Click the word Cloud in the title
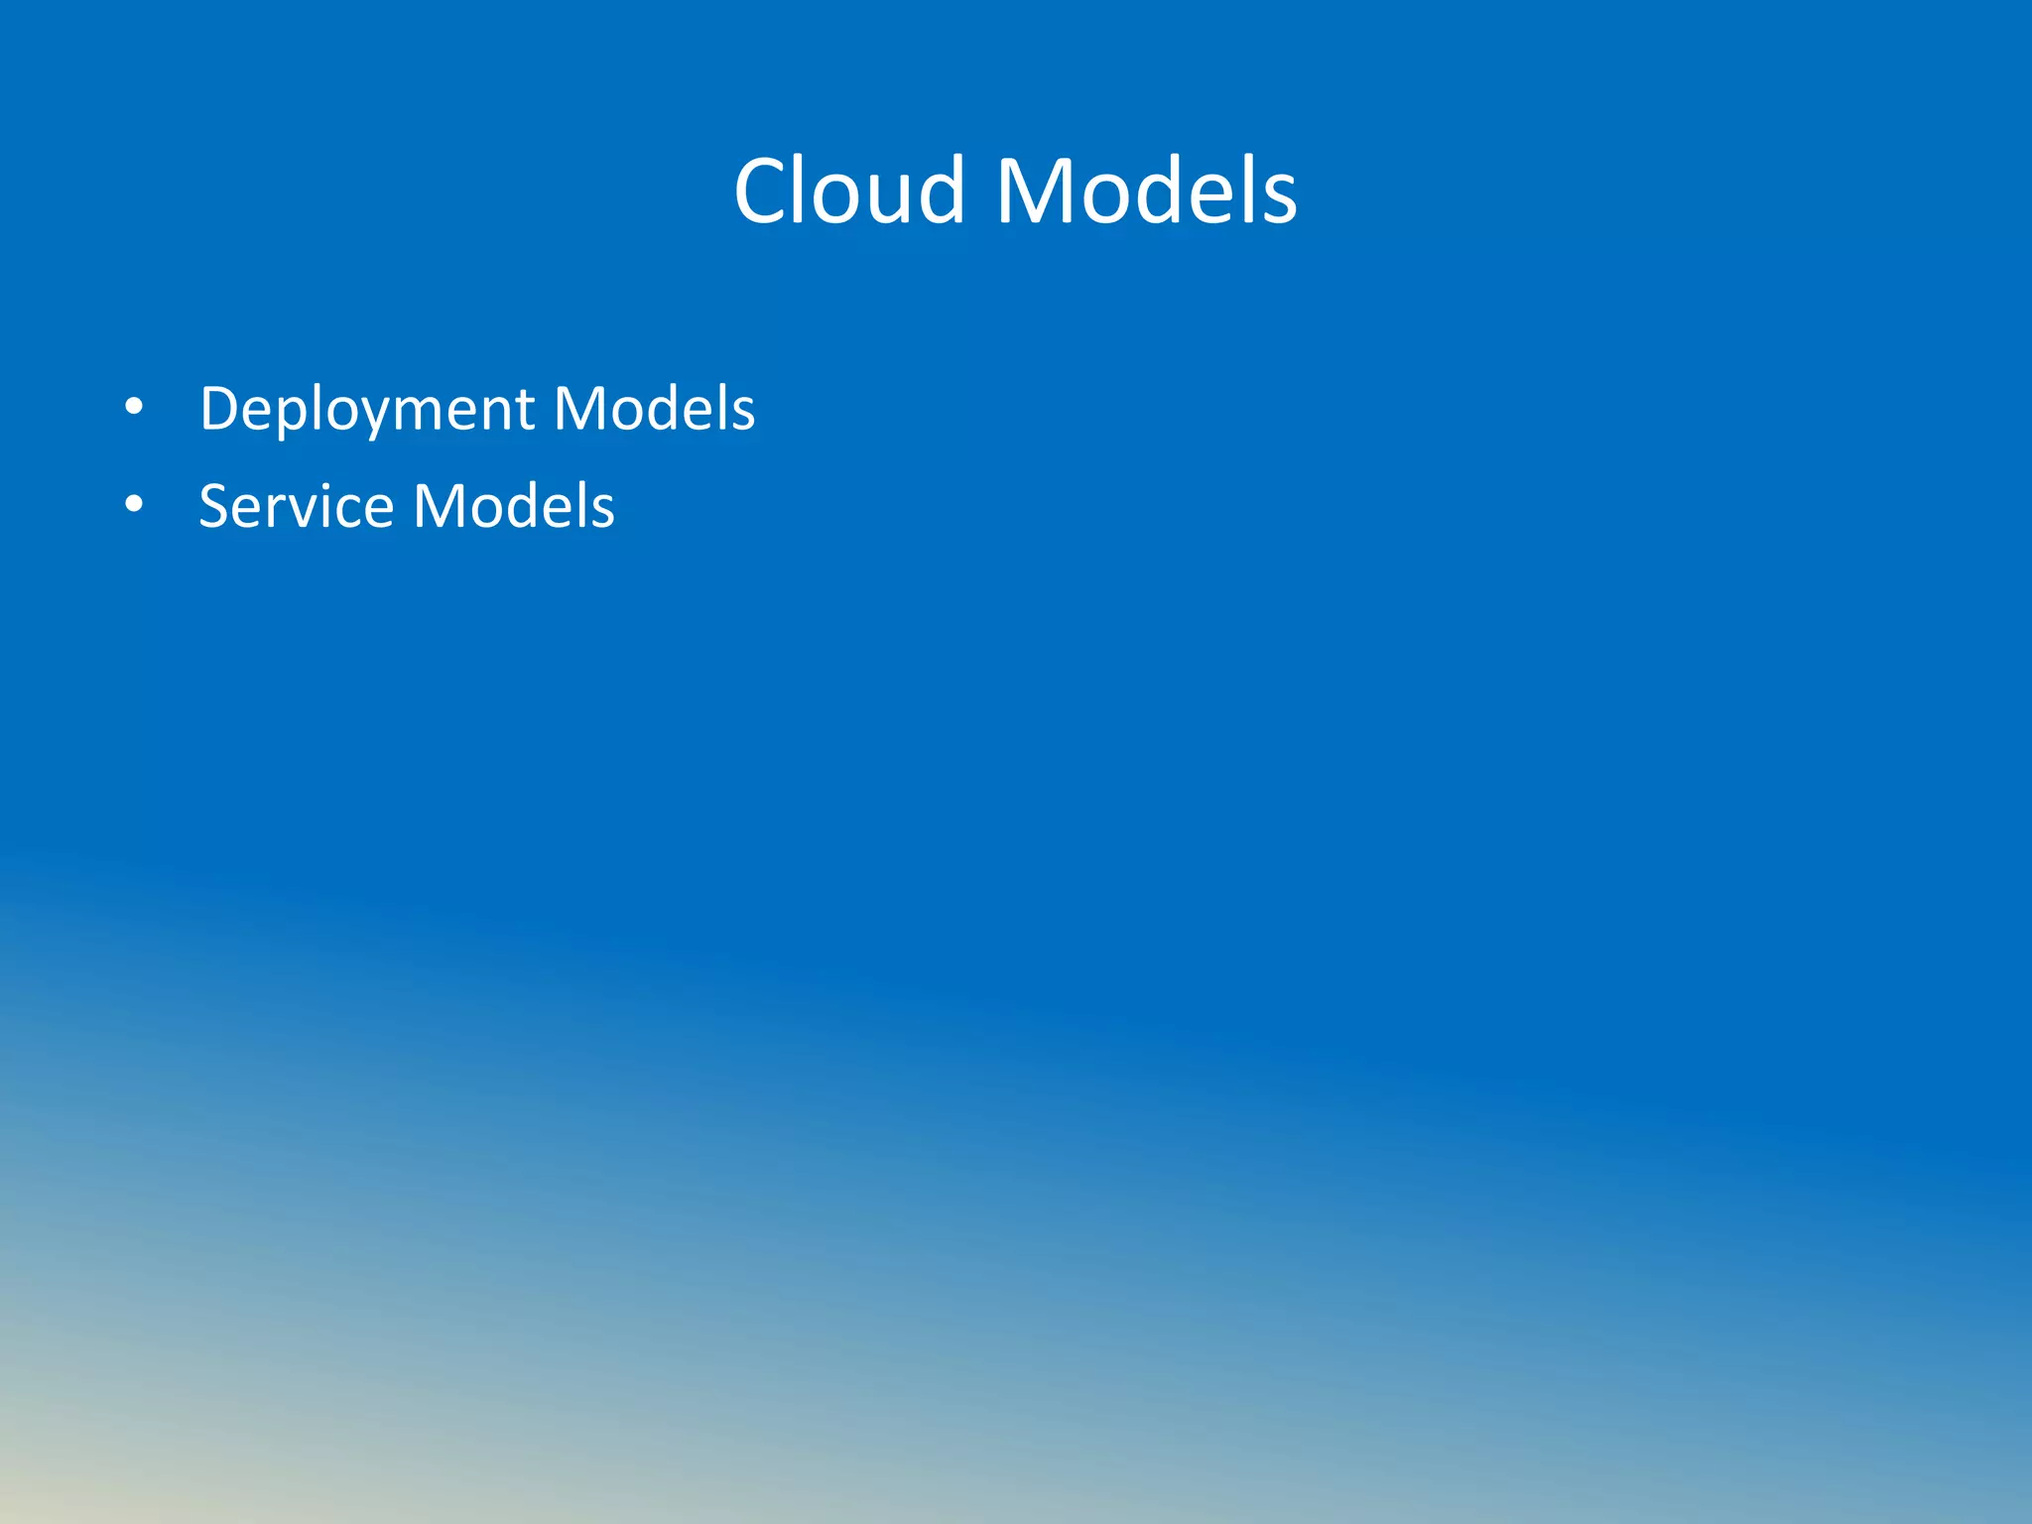point(849,190)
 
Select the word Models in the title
point(1146,190)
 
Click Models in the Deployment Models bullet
point(654,408)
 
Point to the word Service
point(297,506)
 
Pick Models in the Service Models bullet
point(514,506)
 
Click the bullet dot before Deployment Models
point(134,407)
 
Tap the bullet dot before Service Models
point(134,505)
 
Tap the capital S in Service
point(215,506)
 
